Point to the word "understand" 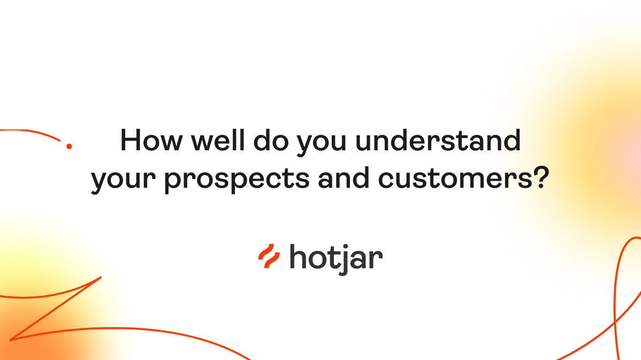pyautogui.click(x=438, y=141)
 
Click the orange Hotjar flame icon pyautogui.click(x=269, y=256)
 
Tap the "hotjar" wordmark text pyautogui.click(x=336, y=258)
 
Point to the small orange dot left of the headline pyautogui.click(x=68, y=145)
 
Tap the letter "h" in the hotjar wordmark pyautogui.click(x=299, y=256)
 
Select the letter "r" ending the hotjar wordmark pyautogui.click(x=377, y=259)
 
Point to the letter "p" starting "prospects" pyautogui.click(x=173, y=182)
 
